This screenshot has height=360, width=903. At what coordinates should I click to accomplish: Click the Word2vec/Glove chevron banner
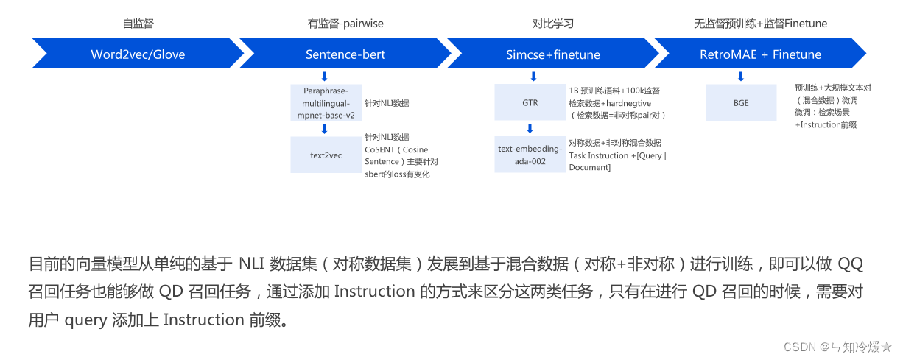pyautogui.click(x=138, y=54)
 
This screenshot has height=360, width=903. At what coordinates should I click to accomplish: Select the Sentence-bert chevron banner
pyautogui.click(x=345, y=54)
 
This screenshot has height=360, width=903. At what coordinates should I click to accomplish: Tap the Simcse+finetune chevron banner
pyautogui.click(x=552, y=54)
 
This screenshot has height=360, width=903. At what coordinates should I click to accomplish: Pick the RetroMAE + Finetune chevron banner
pyautogui.click(x=760, y=54)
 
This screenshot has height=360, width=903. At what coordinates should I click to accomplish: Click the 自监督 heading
pyautogui.click(x=138, y=24)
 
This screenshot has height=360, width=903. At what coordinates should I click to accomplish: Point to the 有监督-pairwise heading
pyautogui.click(x=345, y=24)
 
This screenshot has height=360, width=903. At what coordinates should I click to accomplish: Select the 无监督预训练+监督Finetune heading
pyautogui.click(x=760, y=24)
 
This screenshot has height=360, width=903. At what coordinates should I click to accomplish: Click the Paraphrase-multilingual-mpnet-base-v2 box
pyautogui.click(x=326, y=102)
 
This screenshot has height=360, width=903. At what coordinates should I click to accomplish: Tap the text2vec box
pyautogui.click(x=326, y=155)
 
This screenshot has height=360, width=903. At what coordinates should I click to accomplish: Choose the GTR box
pyautogui.click(x=530, y=102)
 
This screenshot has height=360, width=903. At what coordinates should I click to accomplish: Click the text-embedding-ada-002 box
pyautogui.click(x=530, y=155)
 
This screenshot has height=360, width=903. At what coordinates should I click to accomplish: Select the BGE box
pyautogui.click(x=740, y=102)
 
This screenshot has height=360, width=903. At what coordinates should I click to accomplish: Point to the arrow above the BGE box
pyautogui.click(x=741, y=76)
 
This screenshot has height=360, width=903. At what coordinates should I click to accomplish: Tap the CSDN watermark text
pyautogui.click(x=799, y=347)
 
